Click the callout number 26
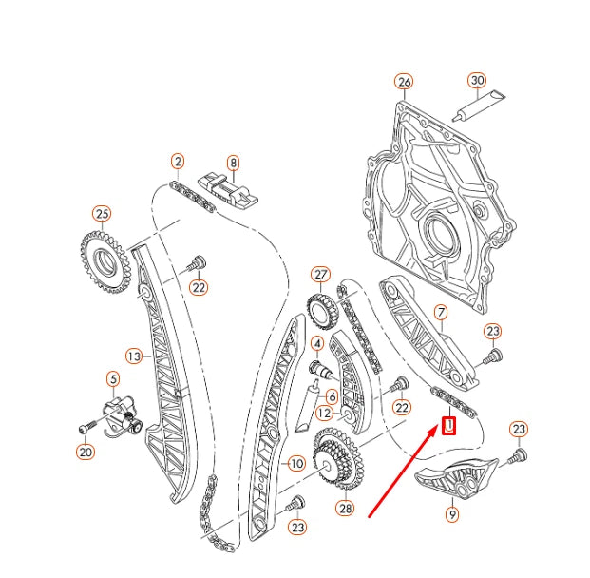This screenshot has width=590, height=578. coord(405,82)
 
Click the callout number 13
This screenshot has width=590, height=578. coord(134,356)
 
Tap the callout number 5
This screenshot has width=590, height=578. coord(113,378)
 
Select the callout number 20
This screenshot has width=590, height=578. coord(86,452)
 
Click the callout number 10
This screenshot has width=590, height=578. coord(295,464)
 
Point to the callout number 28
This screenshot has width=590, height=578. coord(344,509)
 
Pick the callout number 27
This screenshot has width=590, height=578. coord(320,276)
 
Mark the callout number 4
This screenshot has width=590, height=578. coord(316,343)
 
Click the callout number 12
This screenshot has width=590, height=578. coord(324,414)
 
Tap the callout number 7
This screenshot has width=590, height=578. coord(440,312)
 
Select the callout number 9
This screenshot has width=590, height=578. coord(452,514)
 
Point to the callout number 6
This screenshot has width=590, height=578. coord(332,395)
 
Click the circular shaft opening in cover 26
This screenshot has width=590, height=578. coord(439,233)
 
